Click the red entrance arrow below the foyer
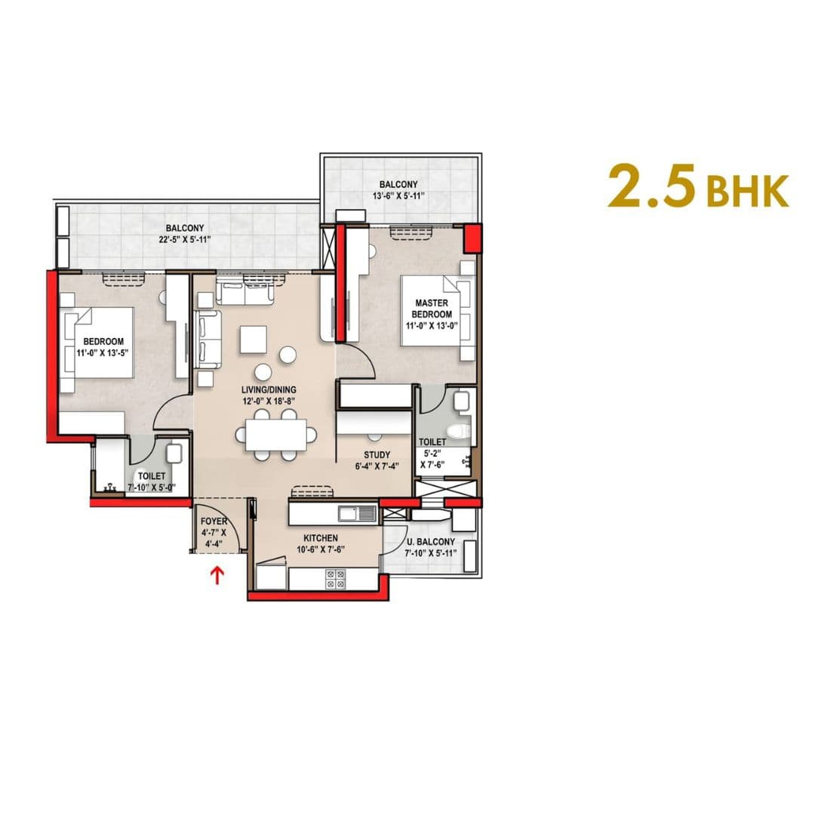pyautogui.click(x=218, y=577)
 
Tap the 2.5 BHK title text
pyautogui.click(x=698, y=187)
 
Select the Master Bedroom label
pyautogui.click(x=433, y=309)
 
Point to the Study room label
pyautogui.click(x=377, y=455)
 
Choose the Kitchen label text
pyautogui.click(x=321, y=537)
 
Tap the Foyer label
pyautogui.click(x=214, y=521)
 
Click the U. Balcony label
pyautogui.click(x=431, y=542)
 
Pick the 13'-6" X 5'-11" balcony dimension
pyautogui.click(x=398, y=196)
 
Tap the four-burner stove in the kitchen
pyautogui.click(x=335, y=579)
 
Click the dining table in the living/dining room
pyautogui.click(x=275, y=435)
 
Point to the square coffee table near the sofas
pyautogui.click(x=254, y=340)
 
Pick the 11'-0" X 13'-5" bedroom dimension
pyautogui.click(x=103, y=352)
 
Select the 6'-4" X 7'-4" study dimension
pyautogui.click(x=377, y=466)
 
